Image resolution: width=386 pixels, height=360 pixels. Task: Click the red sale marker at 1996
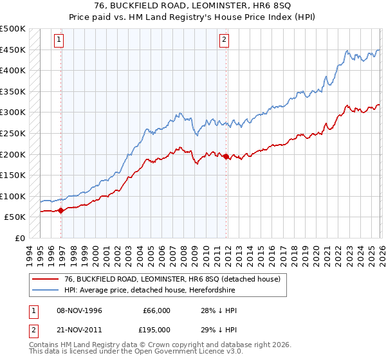pos(60,210)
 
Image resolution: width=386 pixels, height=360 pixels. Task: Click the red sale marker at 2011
pos(226,156)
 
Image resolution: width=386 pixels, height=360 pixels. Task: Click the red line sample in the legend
pos(44,280)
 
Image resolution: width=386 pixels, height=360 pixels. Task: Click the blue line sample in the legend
pos(44,291)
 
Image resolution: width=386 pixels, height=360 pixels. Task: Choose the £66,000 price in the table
pos(156,310)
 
